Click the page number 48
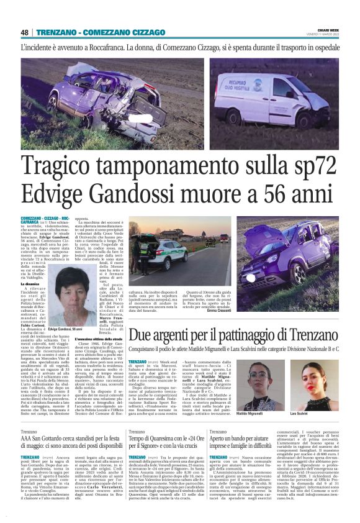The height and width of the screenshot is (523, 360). (25, 32)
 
